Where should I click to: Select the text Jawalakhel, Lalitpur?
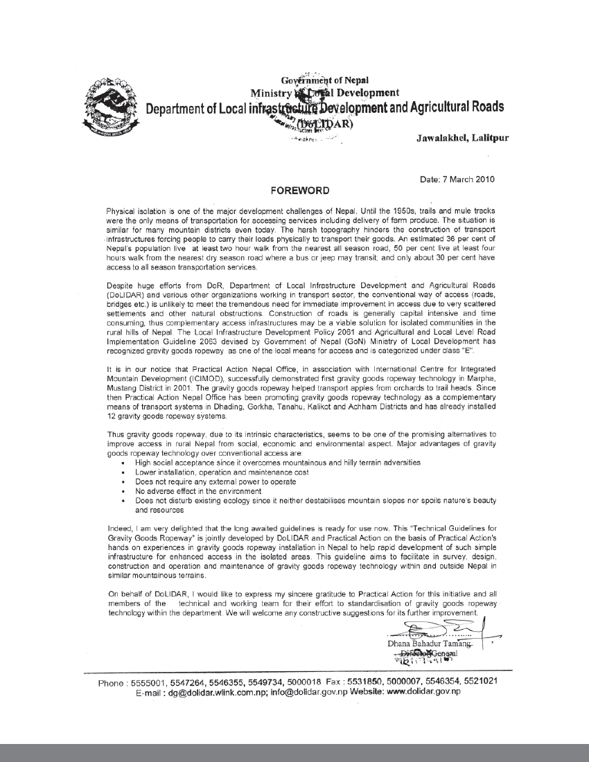point(462,138)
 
